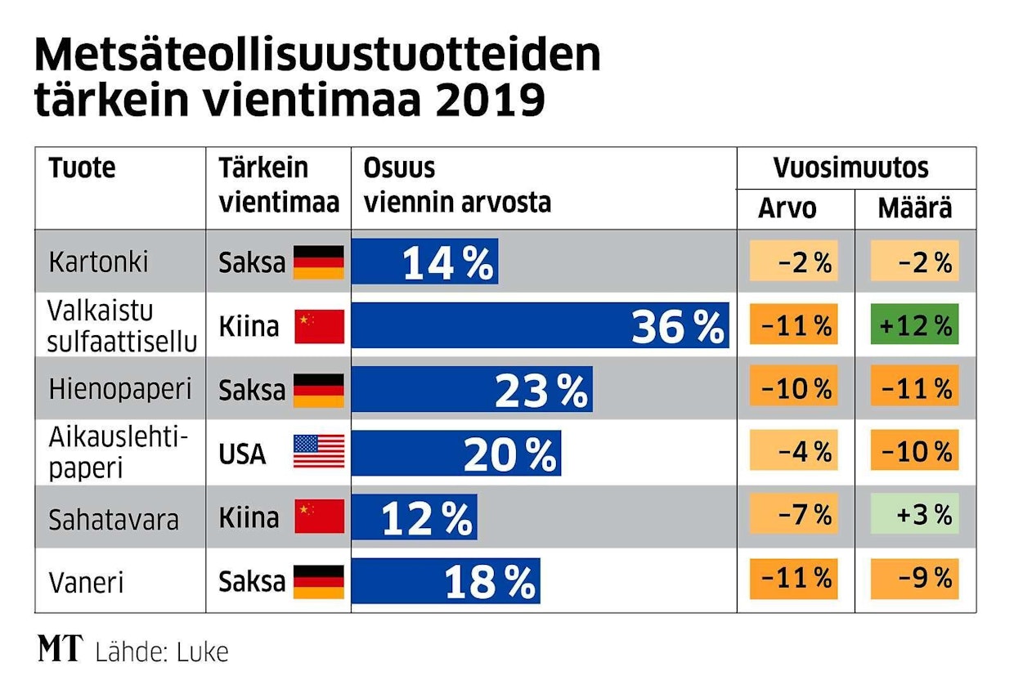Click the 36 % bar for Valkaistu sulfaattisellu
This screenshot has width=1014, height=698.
pos(540,325)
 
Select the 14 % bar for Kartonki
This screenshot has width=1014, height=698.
pos(424,262)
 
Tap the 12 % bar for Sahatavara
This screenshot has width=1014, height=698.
pos(415,517)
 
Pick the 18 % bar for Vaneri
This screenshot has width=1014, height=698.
pos(446,580)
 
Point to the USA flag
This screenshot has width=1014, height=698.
pos(319,452)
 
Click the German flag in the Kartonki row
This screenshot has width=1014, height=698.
pos(319,262)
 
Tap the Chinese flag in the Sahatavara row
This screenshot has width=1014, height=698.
pos(319,517)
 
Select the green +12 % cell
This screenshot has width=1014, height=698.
pos(915,325)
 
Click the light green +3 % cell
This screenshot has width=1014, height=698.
pos(915,517)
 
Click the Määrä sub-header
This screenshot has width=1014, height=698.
pos(915,209)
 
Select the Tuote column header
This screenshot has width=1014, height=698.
pos(82,168)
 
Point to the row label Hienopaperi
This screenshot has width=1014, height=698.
pos(119,389)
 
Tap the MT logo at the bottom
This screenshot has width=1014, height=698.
pos(61,650)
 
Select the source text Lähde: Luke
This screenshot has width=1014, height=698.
pos(162,651)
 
